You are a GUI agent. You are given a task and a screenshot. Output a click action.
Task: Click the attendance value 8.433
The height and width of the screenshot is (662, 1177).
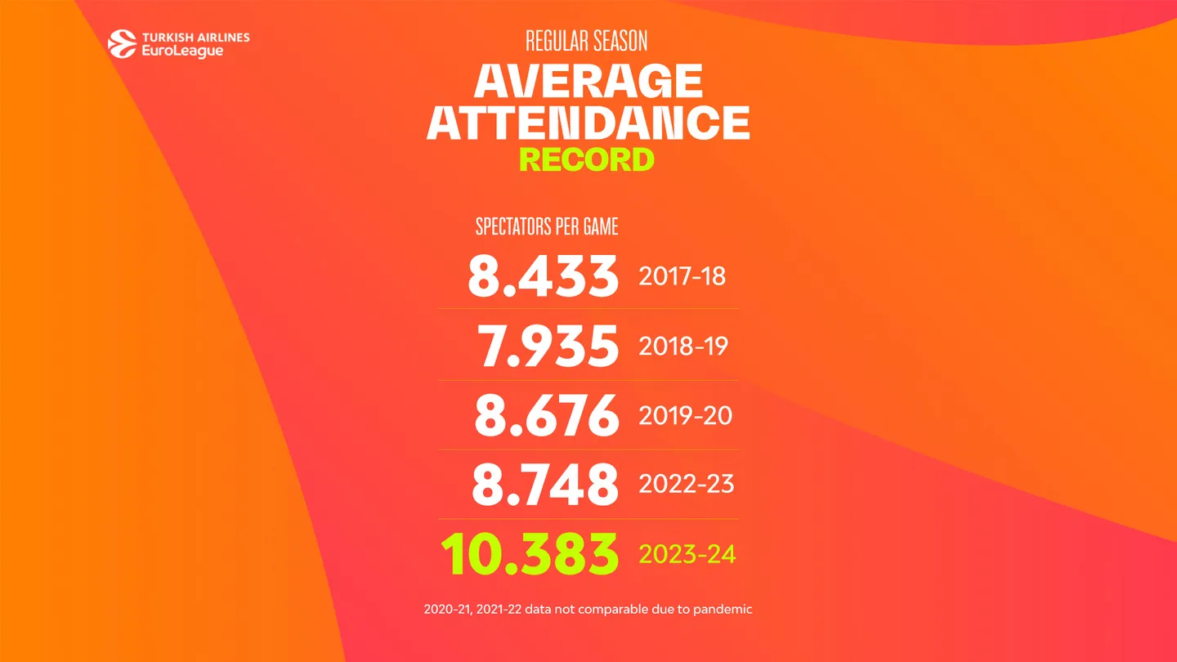click(x=543, y=276)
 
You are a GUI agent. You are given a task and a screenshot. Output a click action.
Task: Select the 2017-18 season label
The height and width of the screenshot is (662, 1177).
click(x=682, y=276)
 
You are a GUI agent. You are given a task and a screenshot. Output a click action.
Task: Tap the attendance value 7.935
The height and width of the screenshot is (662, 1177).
click(x=548, y=346)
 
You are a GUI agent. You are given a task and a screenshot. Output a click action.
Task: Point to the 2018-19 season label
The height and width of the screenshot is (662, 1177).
click(x=683, y=346)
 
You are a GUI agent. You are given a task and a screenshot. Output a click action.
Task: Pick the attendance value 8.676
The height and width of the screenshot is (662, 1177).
click(x=546, y=415)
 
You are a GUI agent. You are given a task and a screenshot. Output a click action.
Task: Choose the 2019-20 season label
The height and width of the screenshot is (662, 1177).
click(x=685, y=415)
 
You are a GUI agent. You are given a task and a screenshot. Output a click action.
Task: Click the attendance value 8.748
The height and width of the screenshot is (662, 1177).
click(x=544, y=485)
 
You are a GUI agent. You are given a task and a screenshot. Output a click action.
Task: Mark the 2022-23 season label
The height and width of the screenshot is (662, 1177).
click(x=686, y=485)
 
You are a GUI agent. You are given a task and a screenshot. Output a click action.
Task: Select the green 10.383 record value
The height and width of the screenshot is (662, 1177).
click(x=530, y=554)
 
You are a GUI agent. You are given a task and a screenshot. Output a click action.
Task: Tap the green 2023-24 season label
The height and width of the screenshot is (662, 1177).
click(x=687, y=555)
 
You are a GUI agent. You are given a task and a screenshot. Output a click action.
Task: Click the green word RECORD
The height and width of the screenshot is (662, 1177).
click(x=587, y=159)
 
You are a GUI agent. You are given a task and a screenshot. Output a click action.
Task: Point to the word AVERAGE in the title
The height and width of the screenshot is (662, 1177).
click(x=588, y=81)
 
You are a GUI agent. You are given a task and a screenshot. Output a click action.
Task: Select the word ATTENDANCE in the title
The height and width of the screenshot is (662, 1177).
click(x=588, y=122)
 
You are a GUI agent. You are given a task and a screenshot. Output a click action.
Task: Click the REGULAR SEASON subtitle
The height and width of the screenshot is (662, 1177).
click(x=587, y=41)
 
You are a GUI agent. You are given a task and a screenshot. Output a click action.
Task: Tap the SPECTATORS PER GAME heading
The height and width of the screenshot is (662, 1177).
click(x=547, y=226)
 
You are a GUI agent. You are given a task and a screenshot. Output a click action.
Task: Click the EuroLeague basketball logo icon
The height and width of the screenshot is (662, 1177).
click(x=123, y=44)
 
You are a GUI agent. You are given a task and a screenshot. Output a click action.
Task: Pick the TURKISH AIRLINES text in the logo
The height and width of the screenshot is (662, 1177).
click(x=195, y=38)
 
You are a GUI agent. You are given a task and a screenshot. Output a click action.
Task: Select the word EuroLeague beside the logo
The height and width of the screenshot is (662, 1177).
click(x=182, y=51)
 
